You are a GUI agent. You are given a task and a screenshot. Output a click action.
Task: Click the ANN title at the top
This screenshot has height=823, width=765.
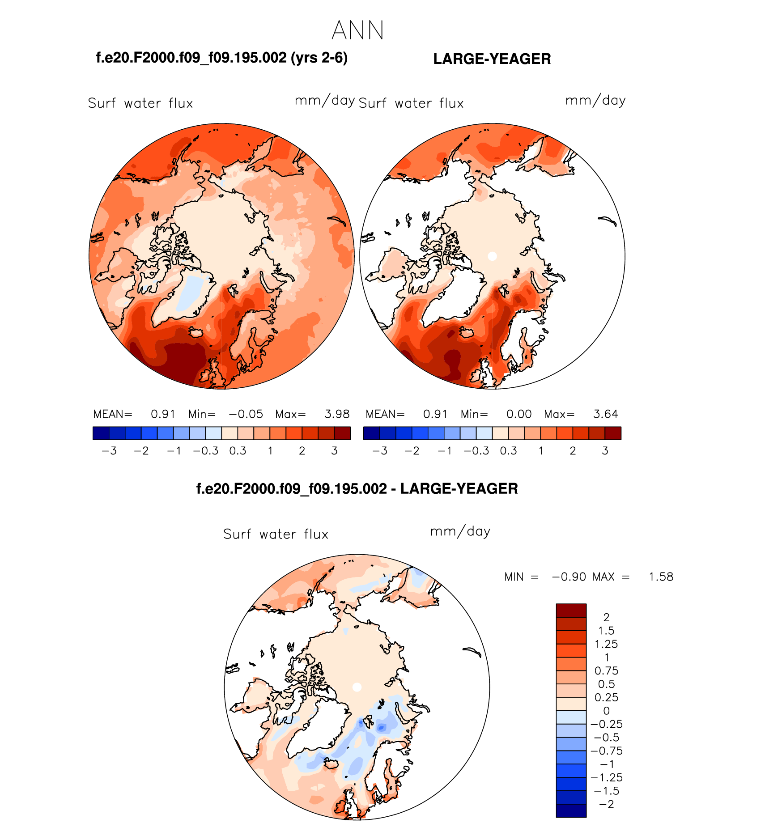click(x=358, y=30)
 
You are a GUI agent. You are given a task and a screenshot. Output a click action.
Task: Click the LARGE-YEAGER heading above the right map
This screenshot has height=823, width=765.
click(x=492, y=59)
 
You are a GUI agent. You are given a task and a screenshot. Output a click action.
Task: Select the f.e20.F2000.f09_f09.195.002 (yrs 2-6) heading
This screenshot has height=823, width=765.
click(x=221, y=58)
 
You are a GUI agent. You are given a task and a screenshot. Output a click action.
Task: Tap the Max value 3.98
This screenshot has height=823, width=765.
click(x=337, y=414)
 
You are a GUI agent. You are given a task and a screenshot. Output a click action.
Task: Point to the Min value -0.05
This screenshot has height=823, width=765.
click(x=246, y=414)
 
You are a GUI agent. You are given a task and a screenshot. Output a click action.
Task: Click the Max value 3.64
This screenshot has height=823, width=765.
click(x=605, y=414)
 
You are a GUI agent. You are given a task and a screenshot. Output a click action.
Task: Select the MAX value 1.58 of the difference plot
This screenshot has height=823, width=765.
click(x=661, y=577)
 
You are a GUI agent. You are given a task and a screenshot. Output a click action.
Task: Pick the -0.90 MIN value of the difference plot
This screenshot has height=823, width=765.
click(x=569, y=577)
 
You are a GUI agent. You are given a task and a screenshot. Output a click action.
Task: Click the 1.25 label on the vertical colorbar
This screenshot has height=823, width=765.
click(x=606, y=644)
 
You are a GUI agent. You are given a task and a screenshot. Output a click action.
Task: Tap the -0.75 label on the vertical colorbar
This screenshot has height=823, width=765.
click(x=606, y=751)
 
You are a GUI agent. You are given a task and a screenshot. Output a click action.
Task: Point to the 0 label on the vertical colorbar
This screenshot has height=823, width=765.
click(x=606, y=711)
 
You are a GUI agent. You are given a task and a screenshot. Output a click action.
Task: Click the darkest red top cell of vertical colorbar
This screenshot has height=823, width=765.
click(x=571, y=611)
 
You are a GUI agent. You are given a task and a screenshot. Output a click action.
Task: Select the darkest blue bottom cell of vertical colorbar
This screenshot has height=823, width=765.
click(x=571, y=810)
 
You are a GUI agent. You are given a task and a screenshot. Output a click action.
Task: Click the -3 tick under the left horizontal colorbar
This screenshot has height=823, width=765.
click(x=109, y=451)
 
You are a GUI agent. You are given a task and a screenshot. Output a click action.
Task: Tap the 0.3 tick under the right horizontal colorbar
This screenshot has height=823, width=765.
click(x=508, y=451)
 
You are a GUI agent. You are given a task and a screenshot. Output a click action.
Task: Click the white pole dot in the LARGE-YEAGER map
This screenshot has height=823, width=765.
click(x=492, y=256)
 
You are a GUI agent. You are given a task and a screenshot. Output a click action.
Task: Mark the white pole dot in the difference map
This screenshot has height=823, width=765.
click(x=357, y=687)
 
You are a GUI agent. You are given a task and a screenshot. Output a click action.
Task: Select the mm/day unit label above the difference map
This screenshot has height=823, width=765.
click(x=460, y=531)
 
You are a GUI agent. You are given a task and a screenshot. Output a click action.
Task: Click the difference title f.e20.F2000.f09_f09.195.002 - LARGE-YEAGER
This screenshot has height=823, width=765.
click(x=357, y=488)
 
